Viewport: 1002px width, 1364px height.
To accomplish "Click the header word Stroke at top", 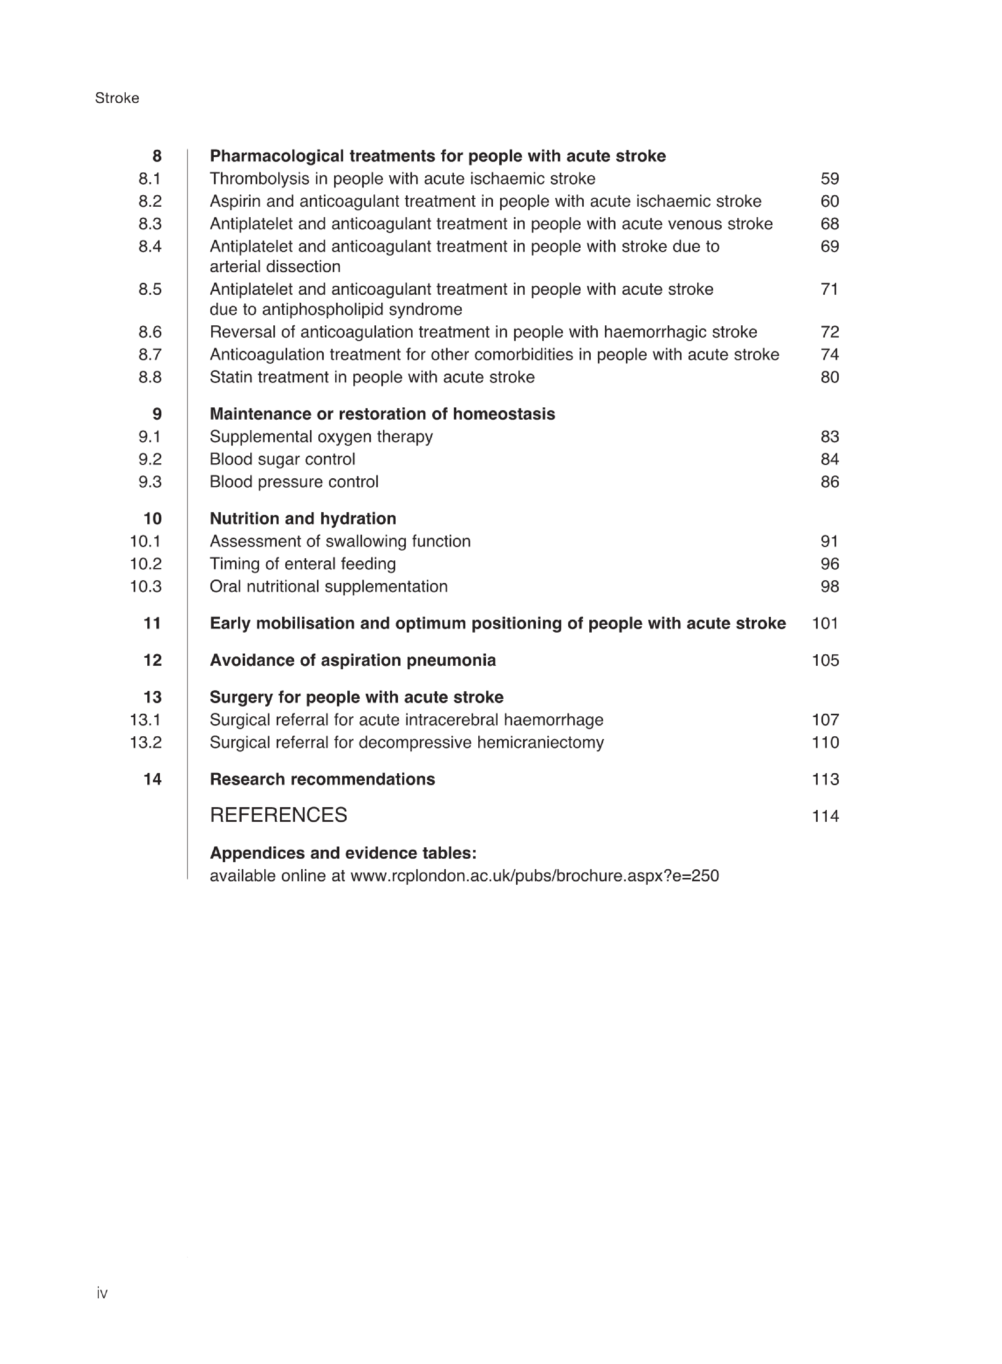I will coord(117,98).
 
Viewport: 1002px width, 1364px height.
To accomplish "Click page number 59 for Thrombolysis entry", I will coord(829,179).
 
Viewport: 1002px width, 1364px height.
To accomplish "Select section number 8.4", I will coord(150,247).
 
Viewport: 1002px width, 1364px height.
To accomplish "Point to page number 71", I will coord(829,289).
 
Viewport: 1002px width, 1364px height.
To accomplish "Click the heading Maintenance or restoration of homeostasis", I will coord(382,414).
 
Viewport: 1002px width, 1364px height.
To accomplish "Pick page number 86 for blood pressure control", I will coord(829,482).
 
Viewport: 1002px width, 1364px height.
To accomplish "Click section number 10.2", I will coord(146,564).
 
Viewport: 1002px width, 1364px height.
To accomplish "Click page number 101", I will coord(825,624).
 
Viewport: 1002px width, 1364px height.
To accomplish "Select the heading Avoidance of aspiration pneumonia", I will coord(352,661).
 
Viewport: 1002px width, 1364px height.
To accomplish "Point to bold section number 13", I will coord(152,698).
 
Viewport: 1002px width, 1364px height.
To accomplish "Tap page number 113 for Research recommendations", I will coord(825,779).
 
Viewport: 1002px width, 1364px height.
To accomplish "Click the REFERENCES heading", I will coord(278,815).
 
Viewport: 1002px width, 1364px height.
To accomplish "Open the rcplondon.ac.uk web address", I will coord(535,876).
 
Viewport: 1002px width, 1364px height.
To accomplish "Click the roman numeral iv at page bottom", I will coord(102,1293).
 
